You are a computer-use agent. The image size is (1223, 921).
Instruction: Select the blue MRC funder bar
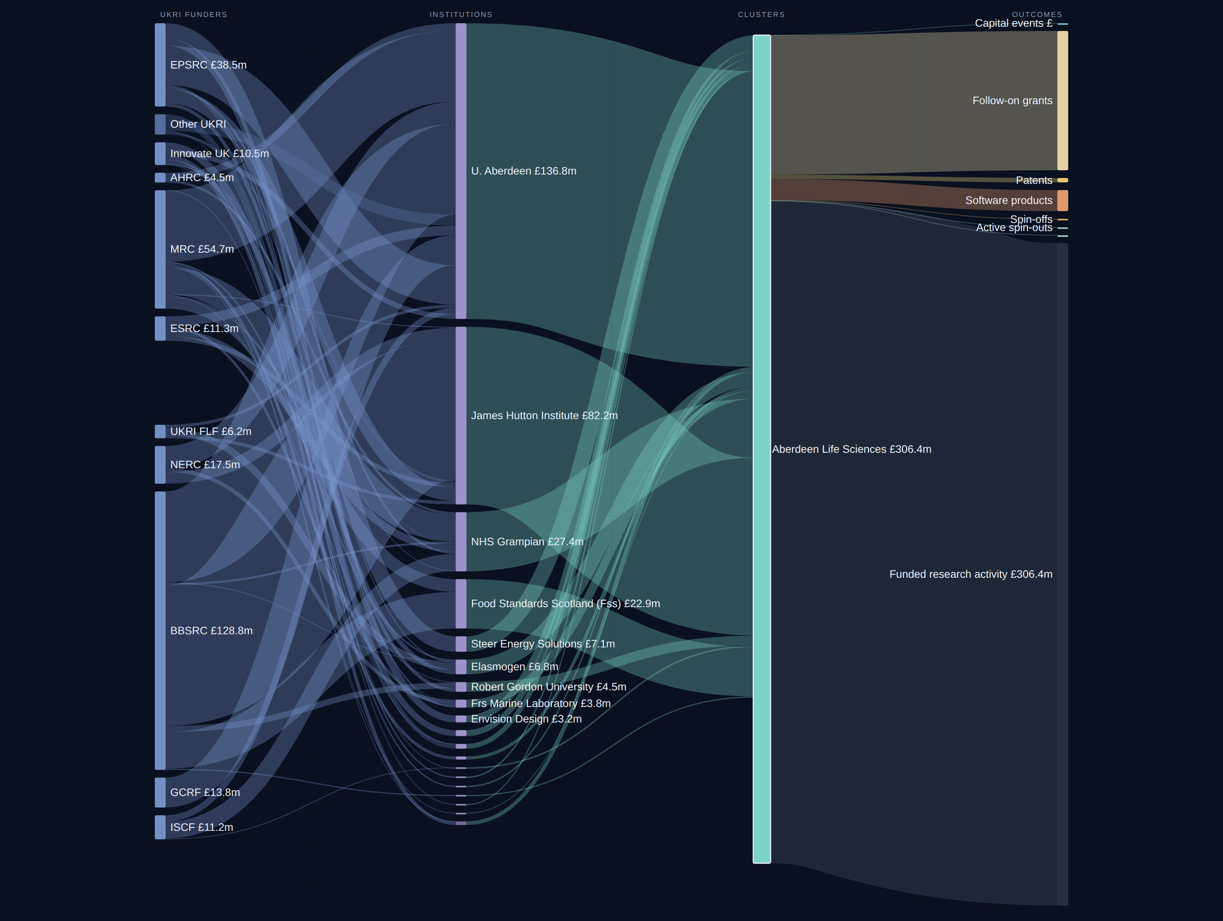[x=160, y=249]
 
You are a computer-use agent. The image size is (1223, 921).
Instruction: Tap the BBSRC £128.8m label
[x=211, y=631]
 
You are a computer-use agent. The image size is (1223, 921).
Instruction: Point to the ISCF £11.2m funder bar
[x=160, y=827]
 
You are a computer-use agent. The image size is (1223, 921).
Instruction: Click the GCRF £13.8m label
[x=205, y=792]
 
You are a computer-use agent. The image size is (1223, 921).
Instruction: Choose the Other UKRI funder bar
[x=160, y=124]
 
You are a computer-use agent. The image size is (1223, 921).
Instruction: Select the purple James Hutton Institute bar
[x=461, y=416]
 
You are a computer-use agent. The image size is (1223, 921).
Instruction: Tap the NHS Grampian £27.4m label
[x=527, y=542]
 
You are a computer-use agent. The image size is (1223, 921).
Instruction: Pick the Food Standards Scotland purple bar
[x=461, y=604]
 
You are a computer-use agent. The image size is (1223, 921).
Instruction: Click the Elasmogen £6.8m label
[x=514, y=667]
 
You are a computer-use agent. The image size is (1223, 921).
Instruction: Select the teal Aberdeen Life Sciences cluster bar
[x=762, y=449]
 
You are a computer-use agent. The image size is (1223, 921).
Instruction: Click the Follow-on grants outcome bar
[x=1063, y=101]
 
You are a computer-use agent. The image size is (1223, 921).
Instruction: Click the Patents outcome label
[x=1034, y=181]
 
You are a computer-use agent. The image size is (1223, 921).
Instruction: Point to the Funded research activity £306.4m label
[x=971, y=574]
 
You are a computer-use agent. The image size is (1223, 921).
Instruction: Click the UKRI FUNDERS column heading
[x=194, y=14]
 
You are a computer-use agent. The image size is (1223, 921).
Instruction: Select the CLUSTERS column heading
[x=761, y=14]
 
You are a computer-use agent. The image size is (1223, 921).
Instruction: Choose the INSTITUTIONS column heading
[x=461, y=14]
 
